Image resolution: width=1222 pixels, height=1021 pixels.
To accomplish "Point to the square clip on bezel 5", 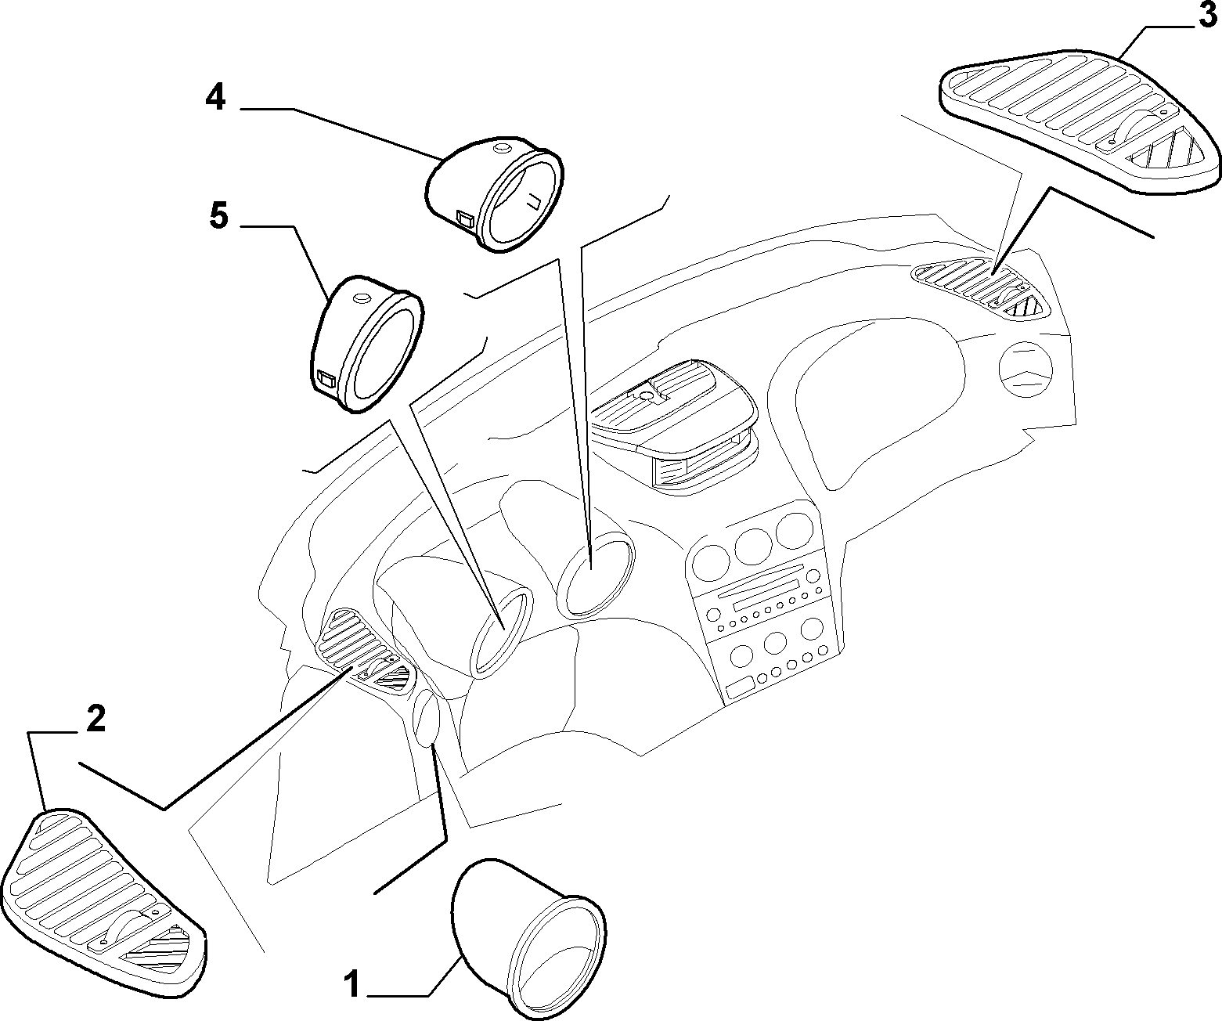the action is click(326, 379).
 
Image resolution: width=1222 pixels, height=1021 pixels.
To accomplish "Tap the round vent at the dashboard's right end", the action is click(1026, 370).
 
